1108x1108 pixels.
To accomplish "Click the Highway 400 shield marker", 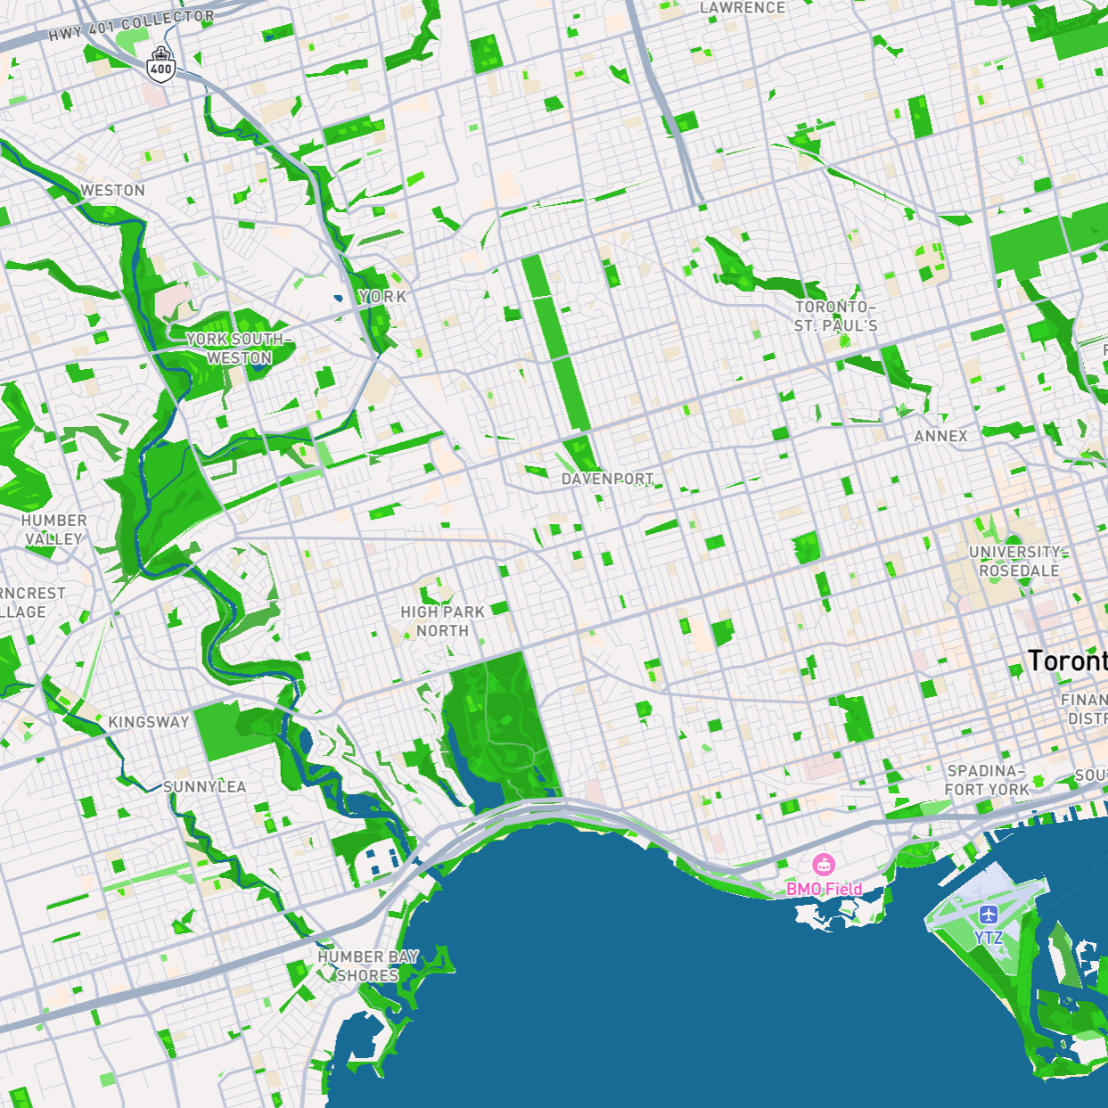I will [160, 65].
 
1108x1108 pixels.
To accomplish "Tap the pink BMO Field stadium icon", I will [823, 864].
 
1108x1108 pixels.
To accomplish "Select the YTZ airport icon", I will [988, 915].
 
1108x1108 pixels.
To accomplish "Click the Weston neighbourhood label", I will [112, 191].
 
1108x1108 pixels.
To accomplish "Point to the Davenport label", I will [607, 480].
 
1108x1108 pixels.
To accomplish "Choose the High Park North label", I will [442, 621].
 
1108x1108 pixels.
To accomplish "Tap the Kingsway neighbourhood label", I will [148, 722].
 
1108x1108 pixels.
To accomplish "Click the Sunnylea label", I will [204, 787].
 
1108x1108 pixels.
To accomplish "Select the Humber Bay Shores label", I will [368, 966].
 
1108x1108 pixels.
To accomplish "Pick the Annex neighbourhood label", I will [940, 436].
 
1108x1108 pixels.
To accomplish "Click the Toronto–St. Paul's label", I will [835, 316].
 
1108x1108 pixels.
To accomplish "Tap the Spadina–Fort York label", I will [987, 780].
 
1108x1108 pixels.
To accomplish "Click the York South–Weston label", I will [238, 349].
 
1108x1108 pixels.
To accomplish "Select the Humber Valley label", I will [53, 529].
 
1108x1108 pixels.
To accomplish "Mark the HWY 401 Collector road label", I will [131, 25].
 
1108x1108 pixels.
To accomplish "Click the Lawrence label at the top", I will [743, 8].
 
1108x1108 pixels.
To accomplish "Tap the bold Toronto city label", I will [1067, 661].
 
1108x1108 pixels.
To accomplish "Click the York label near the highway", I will [382, 297].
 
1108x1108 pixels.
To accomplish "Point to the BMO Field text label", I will [825, 889].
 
